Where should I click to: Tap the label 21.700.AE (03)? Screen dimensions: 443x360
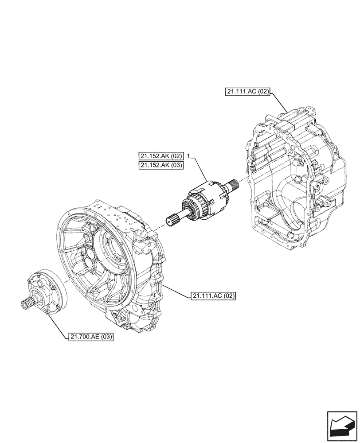pos(91,337)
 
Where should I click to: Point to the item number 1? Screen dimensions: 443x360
pos(189,156)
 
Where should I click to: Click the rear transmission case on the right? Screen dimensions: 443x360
pos(295,177)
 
